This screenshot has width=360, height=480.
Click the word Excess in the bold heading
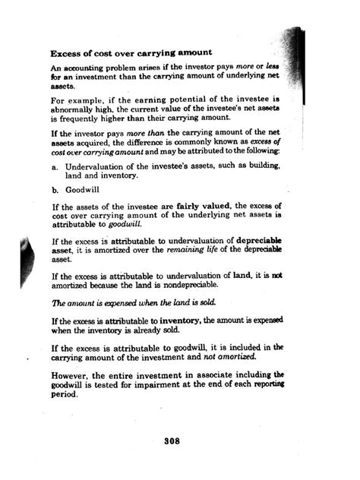[67, 55]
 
